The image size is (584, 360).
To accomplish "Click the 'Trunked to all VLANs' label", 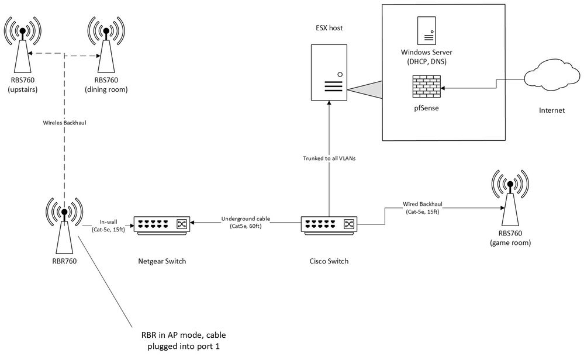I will point(329,158).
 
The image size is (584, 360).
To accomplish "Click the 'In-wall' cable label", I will point(108,222).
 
